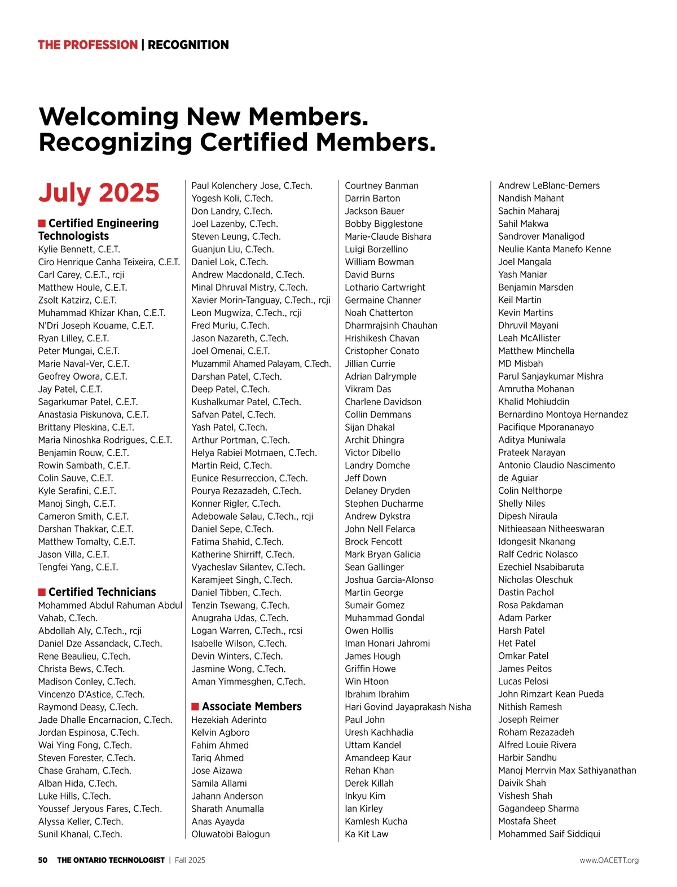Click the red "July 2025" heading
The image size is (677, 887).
[x=99, y=192]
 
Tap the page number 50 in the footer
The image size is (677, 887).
[x=43, y=860]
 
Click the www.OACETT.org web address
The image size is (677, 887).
[x=609, y=860]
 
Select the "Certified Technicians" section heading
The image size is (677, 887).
[x=102, y=592]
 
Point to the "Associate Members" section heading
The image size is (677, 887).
[x=252, y=706]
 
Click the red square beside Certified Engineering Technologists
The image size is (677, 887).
[x=42, y=223]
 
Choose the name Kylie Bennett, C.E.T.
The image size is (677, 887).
[x=79, y=249]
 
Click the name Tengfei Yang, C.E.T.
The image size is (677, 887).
[x=78, y=567]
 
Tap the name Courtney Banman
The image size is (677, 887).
[x=381, y=186]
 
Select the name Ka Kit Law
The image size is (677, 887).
[x=366, y=834]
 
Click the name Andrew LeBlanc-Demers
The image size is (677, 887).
[x=548, y=186]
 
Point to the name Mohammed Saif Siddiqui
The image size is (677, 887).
[x=549, y=834]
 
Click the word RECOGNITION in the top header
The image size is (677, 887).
[x=188, y=45]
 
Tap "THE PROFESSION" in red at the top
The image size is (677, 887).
[x=87, y=45]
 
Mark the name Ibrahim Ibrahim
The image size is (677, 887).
[x=377, y=694]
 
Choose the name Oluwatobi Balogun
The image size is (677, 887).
[x=230, y=834]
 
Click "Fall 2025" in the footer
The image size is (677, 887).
[x=190, y=860]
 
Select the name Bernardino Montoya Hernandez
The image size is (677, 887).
[x=562, y=414]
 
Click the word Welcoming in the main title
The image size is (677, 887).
[x=109, y=117]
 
